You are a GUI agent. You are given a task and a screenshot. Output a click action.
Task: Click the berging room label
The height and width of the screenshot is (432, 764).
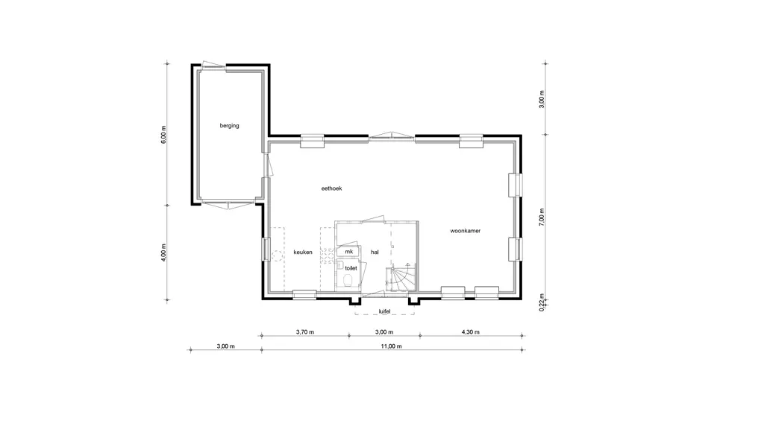[230, 126]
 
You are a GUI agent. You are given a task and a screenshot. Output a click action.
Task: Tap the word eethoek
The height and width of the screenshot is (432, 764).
[331, 188]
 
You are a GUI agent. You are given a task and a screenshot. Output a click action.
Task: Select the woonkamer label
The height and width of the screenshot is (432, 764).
[466, 231]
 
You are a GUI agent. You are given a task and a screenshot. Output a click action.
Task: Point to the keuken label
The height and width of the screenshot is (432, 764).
[303, 252]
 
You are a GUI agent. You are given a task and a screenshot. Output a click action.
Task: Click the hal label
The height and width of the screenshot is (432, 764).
[375, 252]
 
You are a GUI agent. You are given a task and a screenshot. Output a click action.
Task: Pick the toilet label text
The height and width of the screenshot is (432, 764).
[351, 268]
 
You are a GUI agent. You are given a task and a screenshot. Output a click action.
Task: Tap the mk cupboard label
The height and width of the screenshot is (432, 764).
[349, 252]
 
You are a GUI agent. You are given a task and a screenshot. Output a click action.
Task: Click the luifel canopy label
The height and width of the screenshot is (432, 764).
[385, 311]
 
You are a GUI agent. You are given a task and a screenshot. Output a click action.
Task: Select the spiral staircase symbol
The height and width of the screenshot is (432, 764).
[401, 279]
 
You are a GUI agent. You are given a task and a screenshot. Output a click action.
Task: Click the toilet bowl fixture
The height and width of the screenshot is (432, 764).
[348, 281]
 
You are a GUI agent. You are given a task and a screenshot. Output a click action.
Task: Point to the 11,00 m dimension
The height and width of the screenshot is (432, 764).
[392, 346]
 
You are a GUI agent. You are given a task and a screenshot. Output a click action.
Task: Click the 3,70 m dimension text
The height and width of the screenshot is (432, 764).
[305, 332]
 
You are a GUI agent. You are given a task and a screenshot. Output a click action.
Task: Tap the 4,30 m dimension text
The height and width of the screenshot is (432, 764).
[470, 332]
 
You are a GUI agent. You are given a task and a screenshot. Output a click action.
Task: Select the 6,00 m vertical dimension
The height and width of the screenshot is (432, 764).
[163, 135]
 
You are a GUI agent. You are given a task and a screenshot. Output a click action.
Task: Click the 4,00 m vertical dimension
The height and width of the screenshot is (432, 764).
[163, 253]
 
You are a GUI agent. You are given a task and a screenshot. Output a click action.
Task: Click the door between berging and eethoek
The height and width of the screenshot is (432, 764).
[268, 166]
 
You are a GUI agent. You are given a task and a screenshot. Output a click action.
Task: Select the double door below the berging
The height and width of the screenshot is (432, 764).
[228, 204]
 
